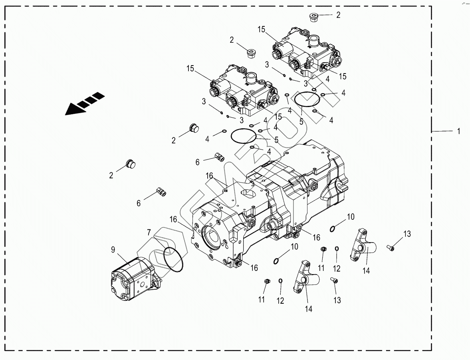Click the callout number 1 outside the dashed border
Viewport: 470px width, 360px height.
tap(459, 131)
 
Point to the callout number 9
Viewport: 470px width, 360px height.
tap(113, 250)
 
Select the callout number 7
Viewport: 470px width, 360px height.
tap(149, 233)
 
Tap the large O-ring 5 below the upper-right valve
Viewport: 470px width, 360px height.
tap(306, 98)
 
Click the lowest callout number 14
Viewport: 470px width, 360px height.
tap(309, 308)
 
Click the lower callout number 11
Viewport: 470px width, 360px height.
tap(262, 300)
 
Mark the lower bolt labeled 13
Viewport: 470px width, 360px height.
tap(334, 281)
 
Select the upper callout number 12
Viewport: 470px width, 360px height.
tap(337, 269)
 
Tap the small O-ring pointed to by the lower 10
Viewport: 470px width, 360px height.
tap(276, 261)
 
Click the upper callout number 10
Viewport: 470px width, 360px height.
tap(350, 217)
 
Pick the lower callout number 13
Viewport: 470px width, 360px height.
tap(337, 300)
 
